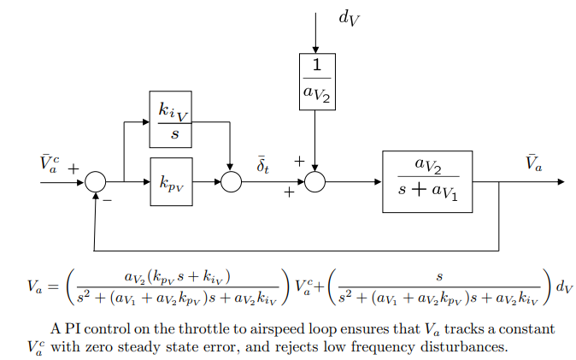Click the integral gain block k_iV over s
coord(169,119)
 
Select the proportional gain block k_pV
coord(171,181)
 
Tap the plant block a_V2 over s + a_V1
coord(426,181)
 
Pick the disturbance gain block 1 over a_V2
coord(316,81)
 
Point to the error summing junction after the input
coord(96,182)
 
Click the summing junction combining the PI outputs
coord(231,182)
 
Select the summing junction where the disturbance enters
coord(315,182)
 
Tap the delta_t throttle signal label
coord(262,163)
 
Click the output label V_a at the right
coord(533,163)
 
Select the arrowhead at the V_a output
coord(560,182)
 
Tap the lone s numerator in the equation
coord(438,277)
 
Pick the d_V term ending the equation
coord(563,287)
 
